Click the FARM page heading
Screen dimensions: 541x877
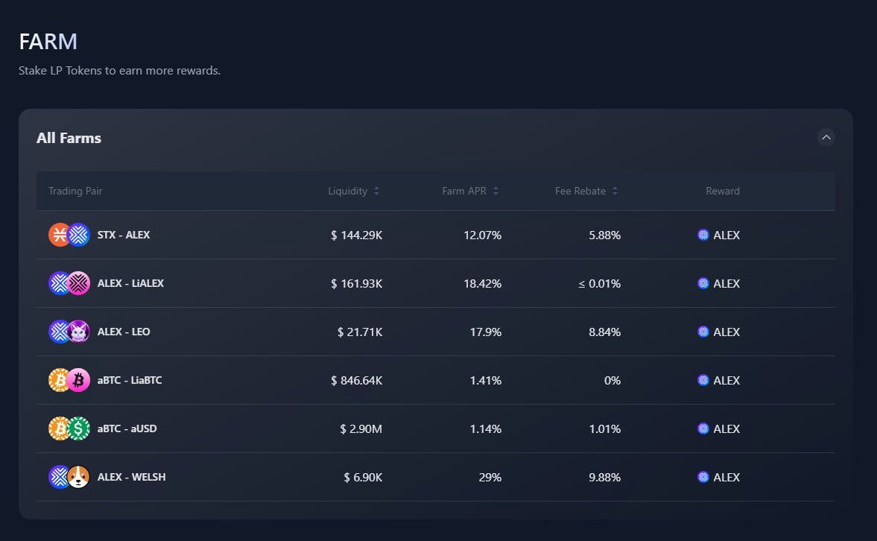[x=48, y=42]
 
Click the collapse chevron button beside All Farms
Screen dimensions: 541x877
[x=826, y=137]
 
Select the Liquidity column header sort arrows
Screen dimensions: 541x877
[x=376, y=192]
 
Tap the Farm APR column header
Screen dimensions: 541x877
[x=464, y=192]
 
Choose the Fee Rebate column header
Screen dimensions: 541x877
[x=580, y=192]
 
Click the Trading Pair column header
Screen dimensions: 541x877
[x=75, y=192]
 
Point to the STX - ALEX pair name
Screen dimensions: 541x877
[x=124, y=235]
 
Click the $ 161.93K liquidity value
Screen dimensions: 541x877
[x=356, y=283]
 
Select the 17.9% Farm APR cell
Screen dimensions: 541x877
[x=485, y=332]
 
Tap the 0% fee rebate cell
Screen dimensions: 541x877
[x=612, y=380]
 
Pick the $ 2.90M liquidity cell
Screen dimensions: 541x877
[x=361, y=428]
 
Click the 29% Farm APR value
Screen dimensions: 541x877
[x=490, y=477]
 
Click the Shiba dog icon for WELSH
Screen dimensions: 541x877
[x=78, y=477]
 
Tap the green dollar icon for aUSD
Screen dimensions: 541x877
[x=78, y=428]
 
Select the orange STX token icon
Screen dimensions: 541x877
[x=60, y=235]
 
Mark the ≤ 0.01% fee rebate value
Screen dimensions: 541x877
[x=599, y=283]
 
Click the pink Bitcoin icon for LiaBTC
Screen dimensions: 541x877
[x=78, y=380]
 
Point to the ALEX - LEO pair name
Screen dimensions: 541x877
[x=124, y=332]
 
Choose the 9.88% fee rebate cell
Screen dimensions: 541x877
[x=604, y=477]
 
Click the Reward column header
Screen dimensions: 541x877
[x=723, y=192]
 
